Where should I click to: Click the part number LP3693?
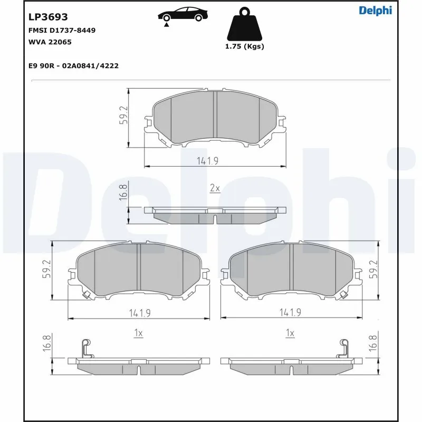(47, 17)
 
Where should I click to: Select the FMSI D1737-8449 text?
(61, 31)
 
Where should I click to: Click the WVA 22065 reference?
(50, 42)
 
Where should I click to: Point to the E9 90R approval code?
(73, 66)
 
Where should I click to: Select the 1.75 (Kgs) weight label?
(244, 46)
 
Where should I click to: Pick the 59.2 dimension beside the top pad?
(123, 116)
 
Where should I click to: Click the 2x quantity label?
(215, 188)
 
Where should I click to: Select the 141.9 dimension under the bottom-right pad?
(290, 313)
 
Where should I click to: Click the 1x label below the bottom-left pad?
(139, 333)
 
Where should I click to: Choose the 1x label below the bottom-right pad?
(289, 333)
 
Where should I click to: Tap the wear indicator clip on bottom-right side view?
(343, 348)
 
